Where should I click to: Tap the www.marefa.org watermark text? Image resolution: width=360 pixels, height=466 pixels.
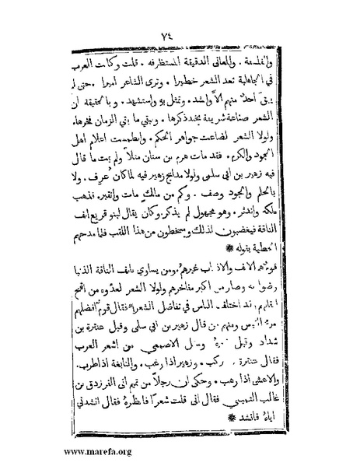(49, 450)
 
